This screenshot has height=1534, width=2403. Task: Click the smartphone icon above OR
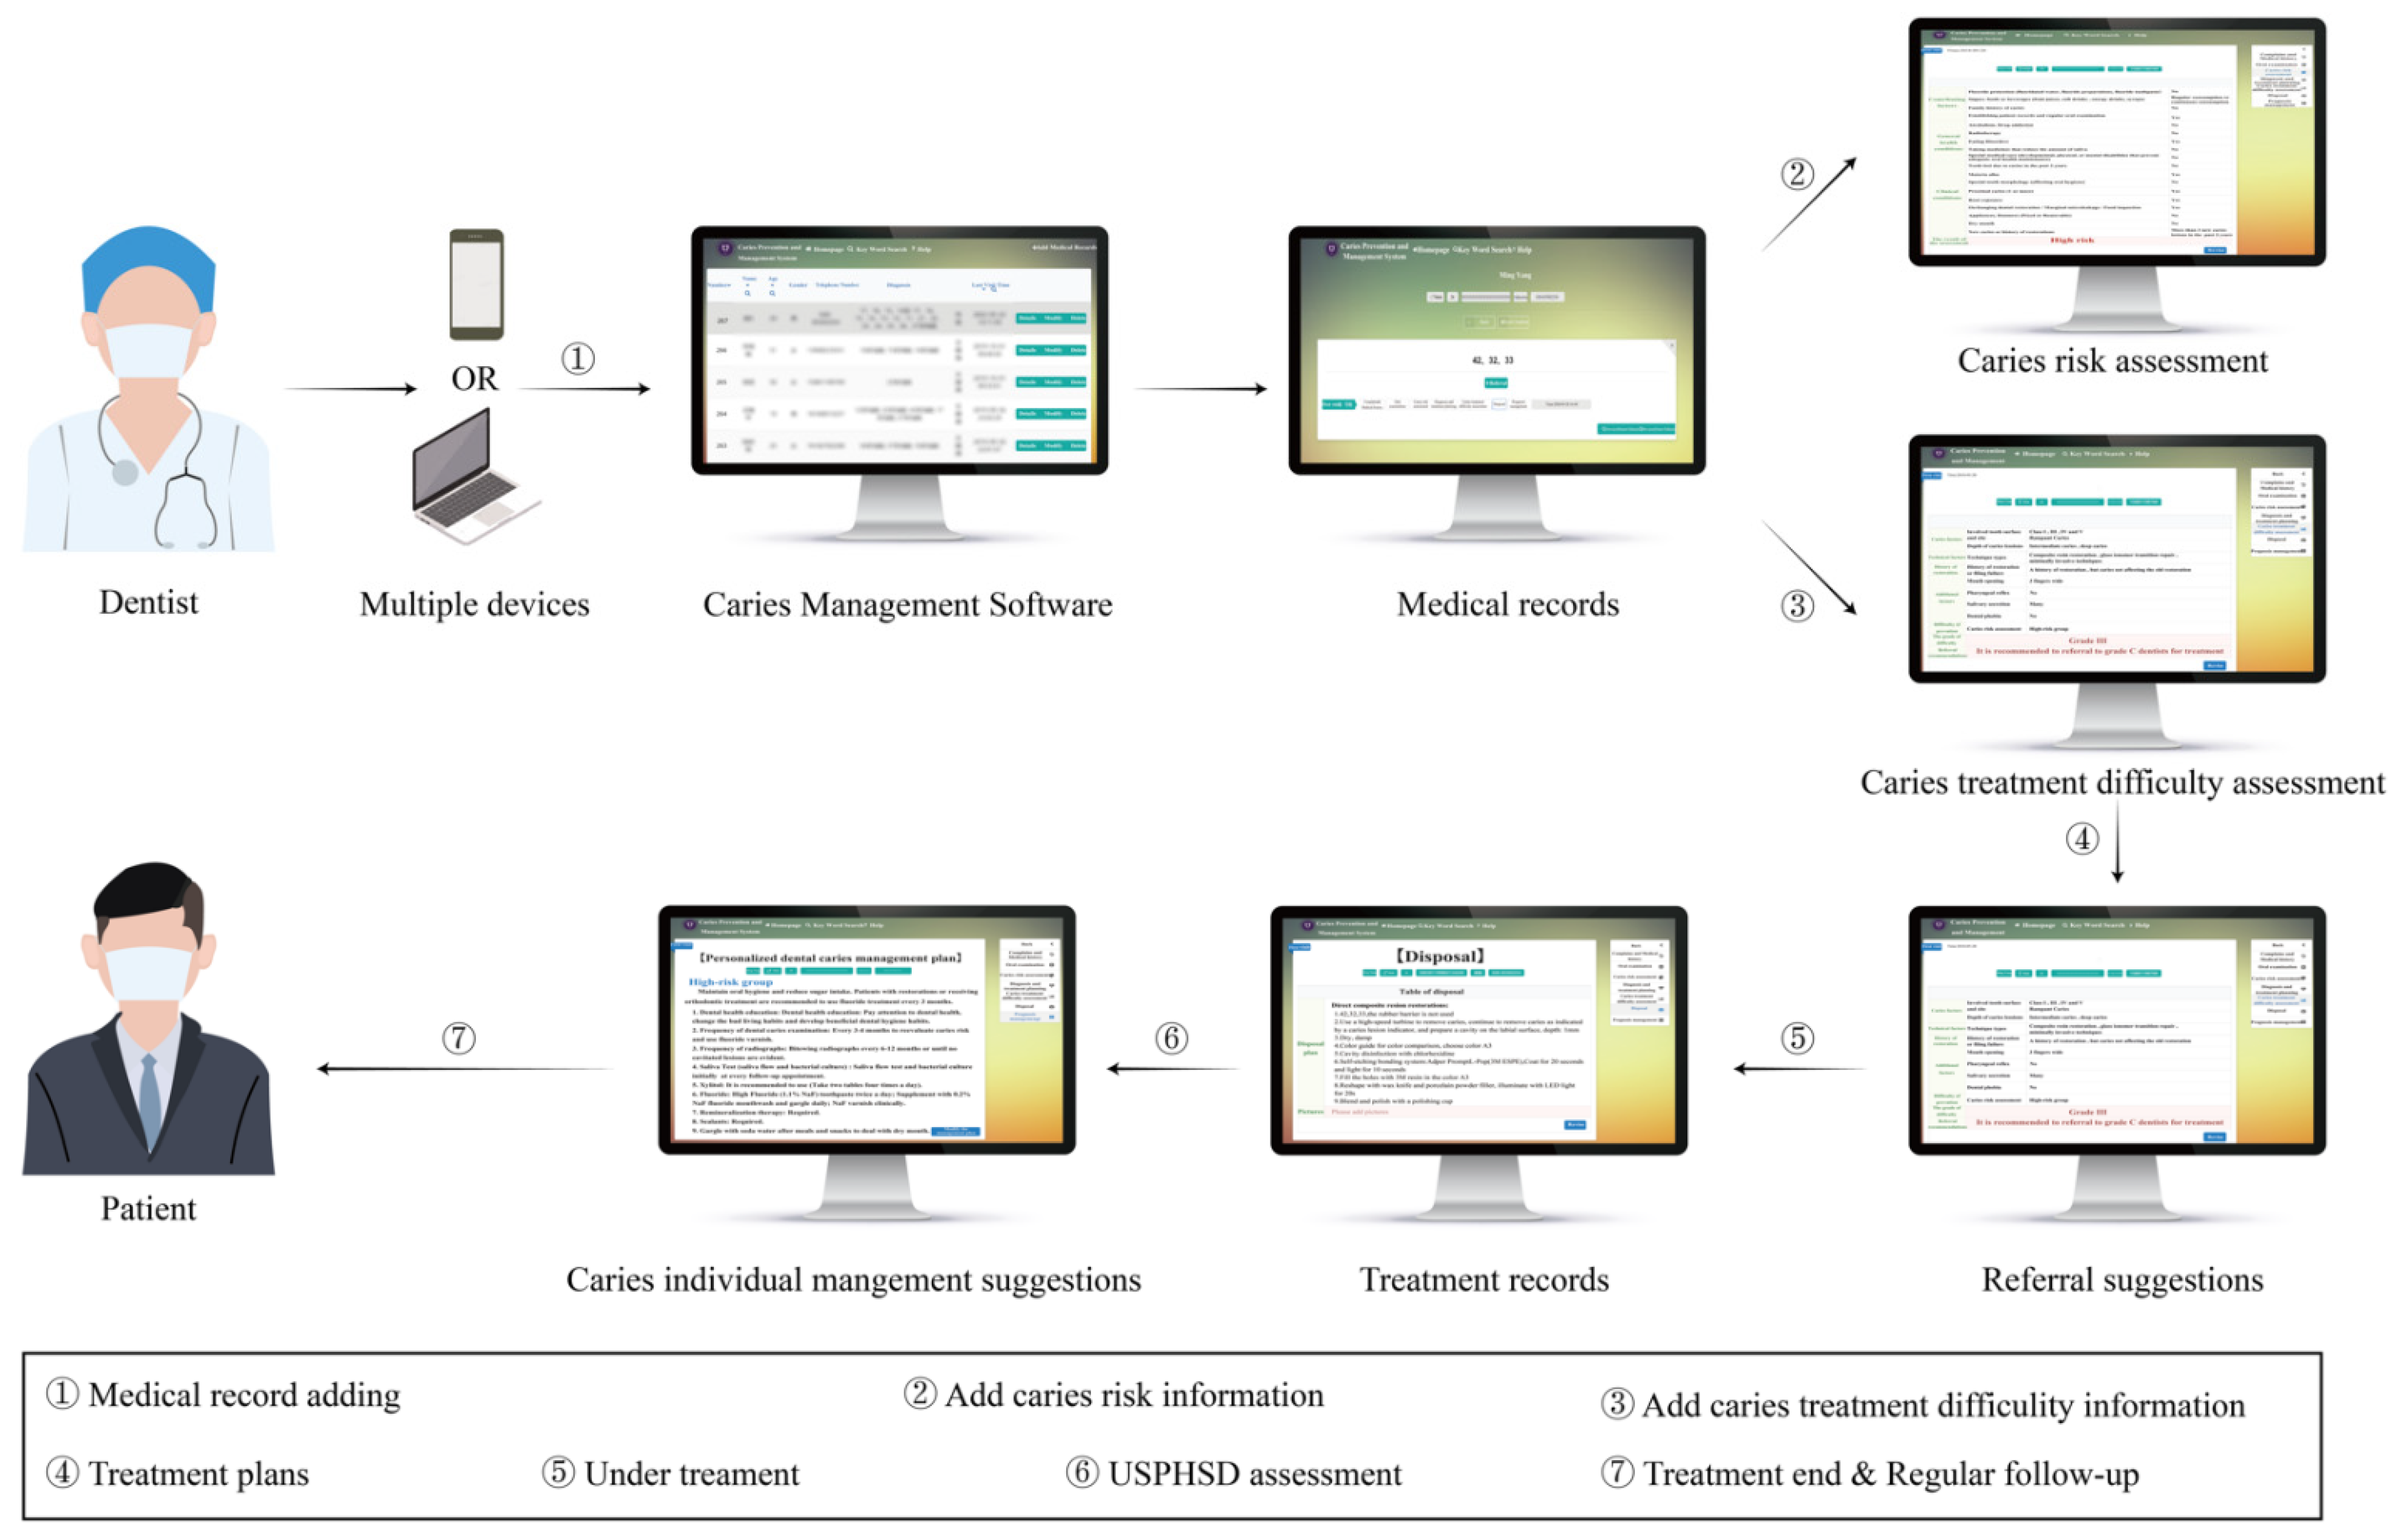click(476, 284)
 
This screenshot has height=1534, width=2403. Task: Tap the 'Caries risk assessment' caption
click(2112, 360)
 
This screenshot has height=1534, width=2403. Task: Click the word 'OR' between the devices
click(474, 378)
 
